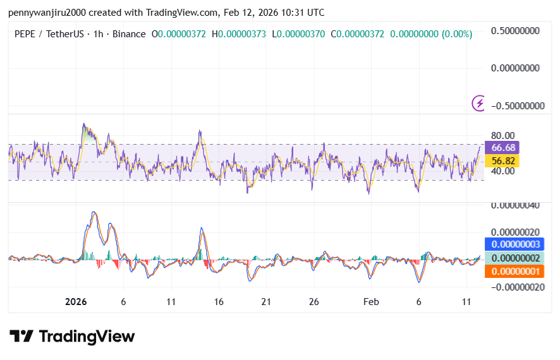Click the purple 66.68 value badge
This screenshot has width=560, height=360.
[x=504, y=147]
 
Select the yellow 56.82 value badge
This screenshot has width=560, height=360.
[x=504, y=161]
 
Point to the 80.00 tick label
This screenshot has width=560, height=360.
[x=503, y=135]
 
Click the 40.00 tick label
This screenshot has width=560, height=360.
[x=503, y=171]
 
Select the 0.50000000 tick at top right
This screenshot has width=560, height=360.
[x=518, y=31]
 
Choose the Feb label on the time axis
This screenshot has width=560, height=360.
[x=371, y=302]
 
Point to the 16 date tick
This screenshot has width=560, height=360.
[x=218, y=302]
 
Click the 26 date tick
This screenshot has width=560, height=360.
[x=313, y=302]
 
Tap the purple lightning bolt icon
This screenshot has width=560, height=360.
[x=480, y=103]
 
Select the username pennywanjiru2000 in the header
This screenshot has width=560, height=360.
[x=44, y=13]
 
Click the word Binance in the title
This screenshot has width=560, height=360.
[x=128, y=34]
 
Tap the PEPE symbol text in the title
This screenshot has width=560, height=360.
[x=25, y=34]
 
